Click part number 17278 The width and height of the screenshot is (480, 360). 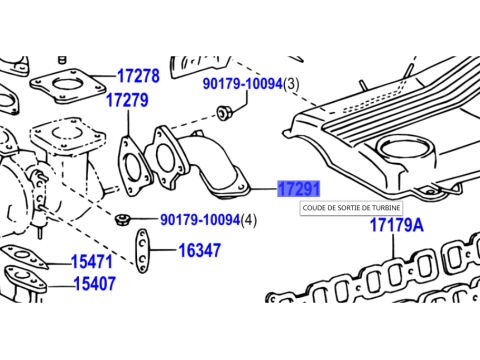(x=138, y=76)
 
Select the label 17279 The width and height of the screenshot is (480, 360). (x=127, y=100)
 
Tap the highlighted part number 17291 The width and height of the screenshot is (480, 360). (x=299, y=189)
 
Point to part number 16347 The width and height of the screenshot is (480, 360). (x=200, y=250)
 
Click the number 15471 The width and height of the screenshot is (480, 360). (x=92, y=262)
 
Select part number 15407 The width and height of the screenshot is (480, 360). (x=95, y=284)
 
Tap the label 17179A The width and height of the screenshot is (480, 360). (x=397, y=225)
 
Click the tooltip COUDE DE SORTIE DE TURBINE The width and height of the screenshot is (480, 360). (x=351, y=208)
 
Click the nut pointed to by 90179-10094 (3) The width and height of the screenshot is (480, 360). (x=224, y=112)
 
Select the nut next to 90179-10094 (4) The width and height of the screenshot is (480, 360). (x=122, y=219)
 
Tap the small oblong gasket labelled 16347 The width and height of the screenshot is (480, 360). (x=143, y=251)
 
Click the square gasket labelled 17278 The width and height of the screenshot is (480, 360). (x=68, y=86)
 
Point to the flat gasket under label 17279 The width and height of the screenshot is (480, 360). (x=133, y=166)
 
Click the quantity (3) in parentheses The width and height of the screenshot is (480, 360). (x=291, y=84)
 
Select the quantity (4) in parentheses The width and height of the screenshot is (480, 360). (x=249, y=220)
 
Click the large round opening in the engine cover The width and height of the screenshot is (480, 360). (x=403, y=149)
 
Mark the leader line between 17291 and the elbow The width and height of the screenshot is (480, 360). (x=263, y=189)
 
